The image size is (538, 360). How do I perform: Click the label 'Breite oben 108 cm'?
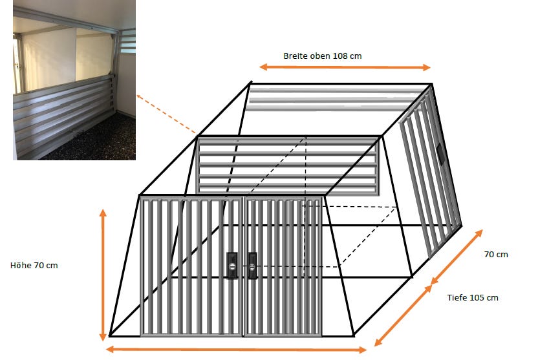coord(323,56)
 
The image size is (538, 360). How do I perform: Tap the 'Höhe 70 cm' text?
coord(34,266)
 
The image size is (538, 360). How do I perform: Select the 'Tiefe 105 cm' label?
coord(473,297)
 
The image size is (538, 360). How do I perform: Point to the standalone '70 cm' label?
coord(496,255)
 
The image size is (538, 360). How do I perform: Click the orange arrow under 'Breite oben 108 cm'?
coord(345,67)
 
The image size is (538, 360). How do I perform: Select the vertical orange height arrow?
coord(103,275)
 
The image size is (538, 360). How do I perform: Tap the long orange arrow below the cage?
coord(236,350)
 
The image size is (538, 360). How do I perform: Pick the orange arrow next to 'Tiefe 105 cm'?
coord(403,315)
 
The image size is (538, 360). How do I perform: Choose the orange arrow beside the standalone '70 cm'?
coord(457,257)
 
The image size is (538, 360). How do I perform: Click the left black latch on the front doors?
coord(232,265)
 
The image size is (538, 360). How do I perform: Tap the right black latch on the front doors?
coord(252,266)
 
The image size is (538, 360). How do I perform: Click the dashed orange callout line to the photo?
coord(167,114)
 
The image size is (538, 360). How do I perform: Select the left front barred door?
coord(192,266)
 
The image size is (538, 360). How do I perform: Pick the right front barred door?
coord(283,266)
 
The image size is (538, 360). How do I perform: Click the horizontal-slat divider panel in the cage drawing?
coord(288,165)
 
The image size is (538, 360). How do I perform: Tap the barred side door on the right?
coord(429,171)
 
